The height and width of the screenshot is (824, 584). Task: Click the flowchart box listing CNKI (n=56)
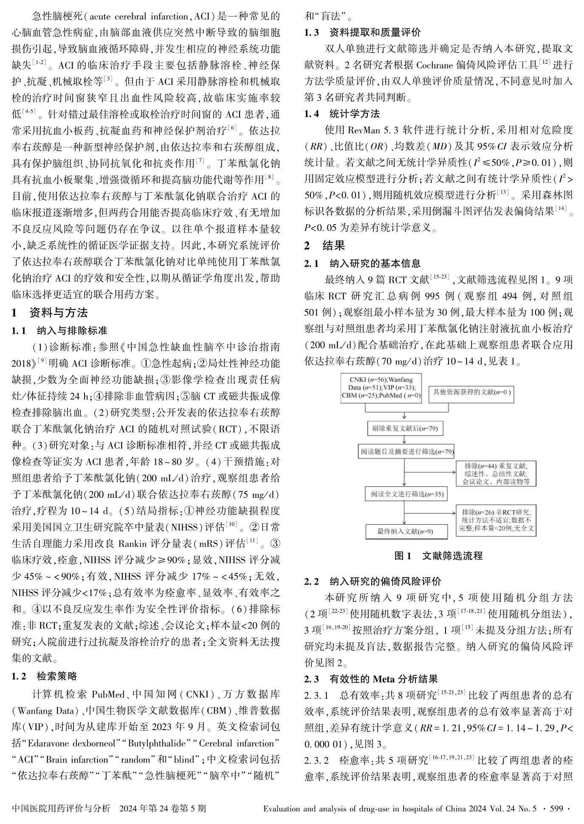click(381, 387)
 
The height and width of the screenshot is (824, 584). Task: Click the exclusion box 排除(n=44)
click(495, 473)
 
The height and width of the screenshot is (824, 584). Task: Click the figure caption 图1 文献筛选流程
click(438, 556)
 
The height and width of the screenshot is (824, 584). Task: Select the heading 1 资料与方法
click(50, 313)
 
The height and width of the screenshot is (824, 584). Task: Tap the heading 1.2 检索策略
click(44, 676)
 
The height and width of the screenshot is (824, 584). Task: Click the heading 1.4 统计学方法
click(342, 114)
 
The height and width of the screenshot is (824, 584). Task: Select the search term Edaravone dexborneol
click(74, 743)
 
